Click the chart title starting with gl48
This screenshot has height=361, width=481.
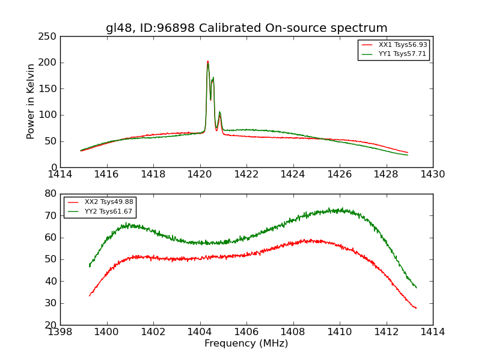click(x=247, y=28)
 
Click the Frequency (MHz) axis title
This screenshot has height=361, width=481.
click(x=247, y=344)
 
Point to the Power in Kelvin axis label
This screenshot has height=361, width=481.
click(x=31, y=102)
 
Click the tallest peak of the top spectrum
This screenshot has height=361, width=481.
click(x=208, y=61)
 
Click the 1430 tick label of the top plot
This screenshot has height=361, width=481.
click(x=433, y=174)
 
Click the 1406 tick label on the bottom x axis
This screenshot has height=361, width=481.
click(x=247, y=332)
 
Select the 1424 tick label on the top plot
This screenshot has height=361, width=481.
click(x=293, y=174)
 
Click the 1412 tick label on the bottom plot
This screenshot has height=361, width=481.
click(x=386, y=332)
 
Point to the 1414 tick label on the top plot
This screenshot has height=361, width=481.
click(x=60, y=174)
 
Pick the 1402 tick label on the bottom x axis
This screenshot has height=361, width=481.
click(x=153, y=332)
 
